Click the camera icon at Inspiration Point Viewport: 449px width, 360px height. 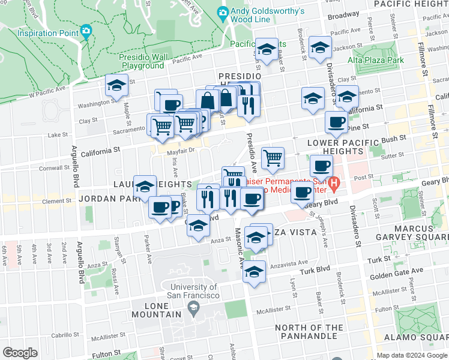tap(86, 30)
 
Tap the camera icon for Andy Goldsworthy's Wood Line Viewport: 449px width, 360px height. tap(223, 12)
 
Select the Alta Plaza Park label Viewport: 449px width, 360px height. tap(376, 60)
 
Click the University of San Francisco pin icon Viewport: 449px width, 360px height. tap(193, 308)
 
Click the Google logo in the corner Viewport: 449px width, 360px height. tap(20, 353)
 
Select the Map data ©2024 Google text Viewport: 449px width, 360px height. tap(412, 355)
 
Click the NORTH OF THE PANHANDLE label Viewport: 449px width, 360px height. tap(310, 332)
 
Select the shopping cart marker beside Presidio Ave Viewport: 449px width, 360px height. tap(273, 158)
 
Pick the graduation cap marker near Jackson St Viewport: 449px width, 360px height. tap(320, 47)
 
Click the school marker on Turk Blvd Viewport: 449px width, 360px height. tap(254, 271)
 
